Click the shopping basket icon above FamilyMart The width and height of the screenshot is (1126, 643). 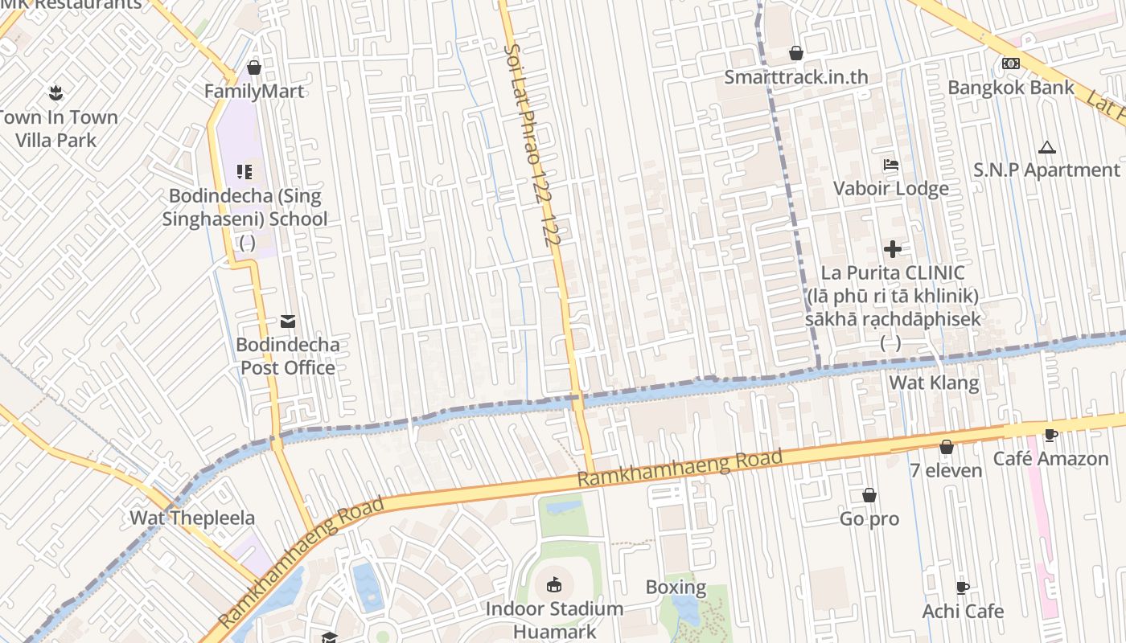pyautogui.click(x=254, y=68)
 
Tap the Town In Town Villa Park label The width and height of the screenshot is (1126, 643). pyautogui.click(x=57, y=129)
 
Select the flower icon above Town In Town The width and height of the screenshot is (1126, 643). pyautogui.click(x=55, y=92)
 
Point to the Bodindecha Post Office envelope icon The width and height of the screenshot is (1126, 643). pyautogui.click(x=288, y=321)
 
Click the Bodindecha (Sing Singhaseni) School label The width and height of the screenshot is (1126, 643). pyautogui.click(x=245, y=207)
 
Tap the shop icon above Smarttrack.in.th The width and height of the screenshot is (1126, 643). pyautogui.click(x=796, y=53)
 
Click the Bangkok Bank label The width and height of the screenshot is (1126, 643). pyautogui.click(x=1011, y=88)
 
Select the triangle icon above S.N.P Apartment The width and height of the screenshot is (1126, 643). pyautogui.click(x=1046, y=147)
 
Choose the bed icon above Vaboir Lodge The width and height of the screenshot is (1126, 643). pyautogui.click(x=891, y=165)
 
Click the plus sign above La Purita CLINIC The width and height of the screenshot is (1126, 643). pyautogui.click(x=893, y=249)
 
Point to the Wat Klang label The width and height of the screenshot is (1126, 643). pyautogui.click(x=934, y=383)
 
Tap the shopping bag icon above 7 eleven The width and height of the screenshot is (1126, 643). pyautogui.click(x=947, y=447)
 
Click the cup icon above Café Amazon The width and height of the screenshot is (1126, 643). pyautogui.click(x=1050, y=436)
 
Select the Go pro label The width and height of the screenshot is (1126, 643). pyautogui.click(x=869, y=519)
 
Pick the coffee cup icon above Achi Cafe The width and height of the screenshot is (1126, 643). pyautogui.click(x=963, y=588)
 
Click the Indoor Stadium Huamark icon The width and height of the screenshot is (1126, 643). pyautogui.click(x=555, y=584)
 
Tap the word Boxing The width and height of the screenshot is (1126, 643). pyautogui.click(x=676, y=588)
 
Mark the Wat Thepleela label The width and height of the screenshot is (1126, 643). pyautogui.click(x=192, y=518)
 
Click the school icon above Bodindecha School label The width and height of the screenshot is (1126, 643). pyautogui.click(x=245, y=171)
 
